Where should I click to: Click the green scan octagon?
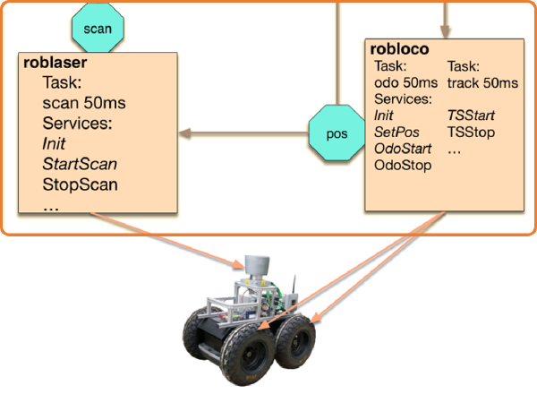pos(98,28)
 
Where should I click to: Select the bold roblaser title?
pos(54,64)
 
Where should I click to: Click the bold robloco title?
pos(397,50)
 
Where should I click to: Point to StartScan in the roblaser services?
pos(79,164)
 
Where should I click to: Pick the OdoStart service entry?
pos(402,148)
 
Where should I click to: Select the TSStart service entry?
pos(471,116)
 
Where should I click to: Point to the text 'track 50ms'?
pos(482,82)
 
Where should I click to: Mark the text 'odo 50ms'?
pos(403,82)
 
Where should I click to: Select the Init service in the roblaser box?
pos(54,143)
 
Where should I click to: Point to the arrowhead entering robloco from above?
pos(445,32)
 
